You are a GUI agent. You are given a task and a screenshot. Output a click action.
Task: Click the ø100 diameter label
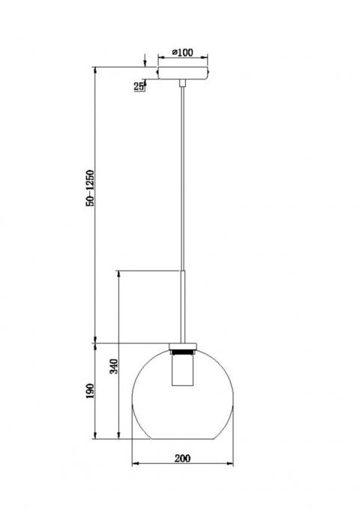[x=183, y=52]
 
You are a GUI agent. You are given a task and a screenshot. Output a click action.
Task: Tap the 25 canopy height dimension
[x=139, y=87]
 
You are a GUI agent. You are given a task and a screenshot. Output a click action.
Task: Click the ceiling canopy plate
[x=183, y=74]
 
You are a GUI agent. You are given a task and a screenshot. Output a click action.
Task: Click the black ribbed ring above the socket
[x=183, y=350]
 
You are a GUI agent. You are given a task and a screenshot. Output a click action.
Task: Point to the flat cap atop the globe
[x=183, y=344]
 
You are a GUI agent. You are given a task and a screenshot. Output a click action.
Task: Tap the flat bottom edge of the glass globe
[x=183, y=439]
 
